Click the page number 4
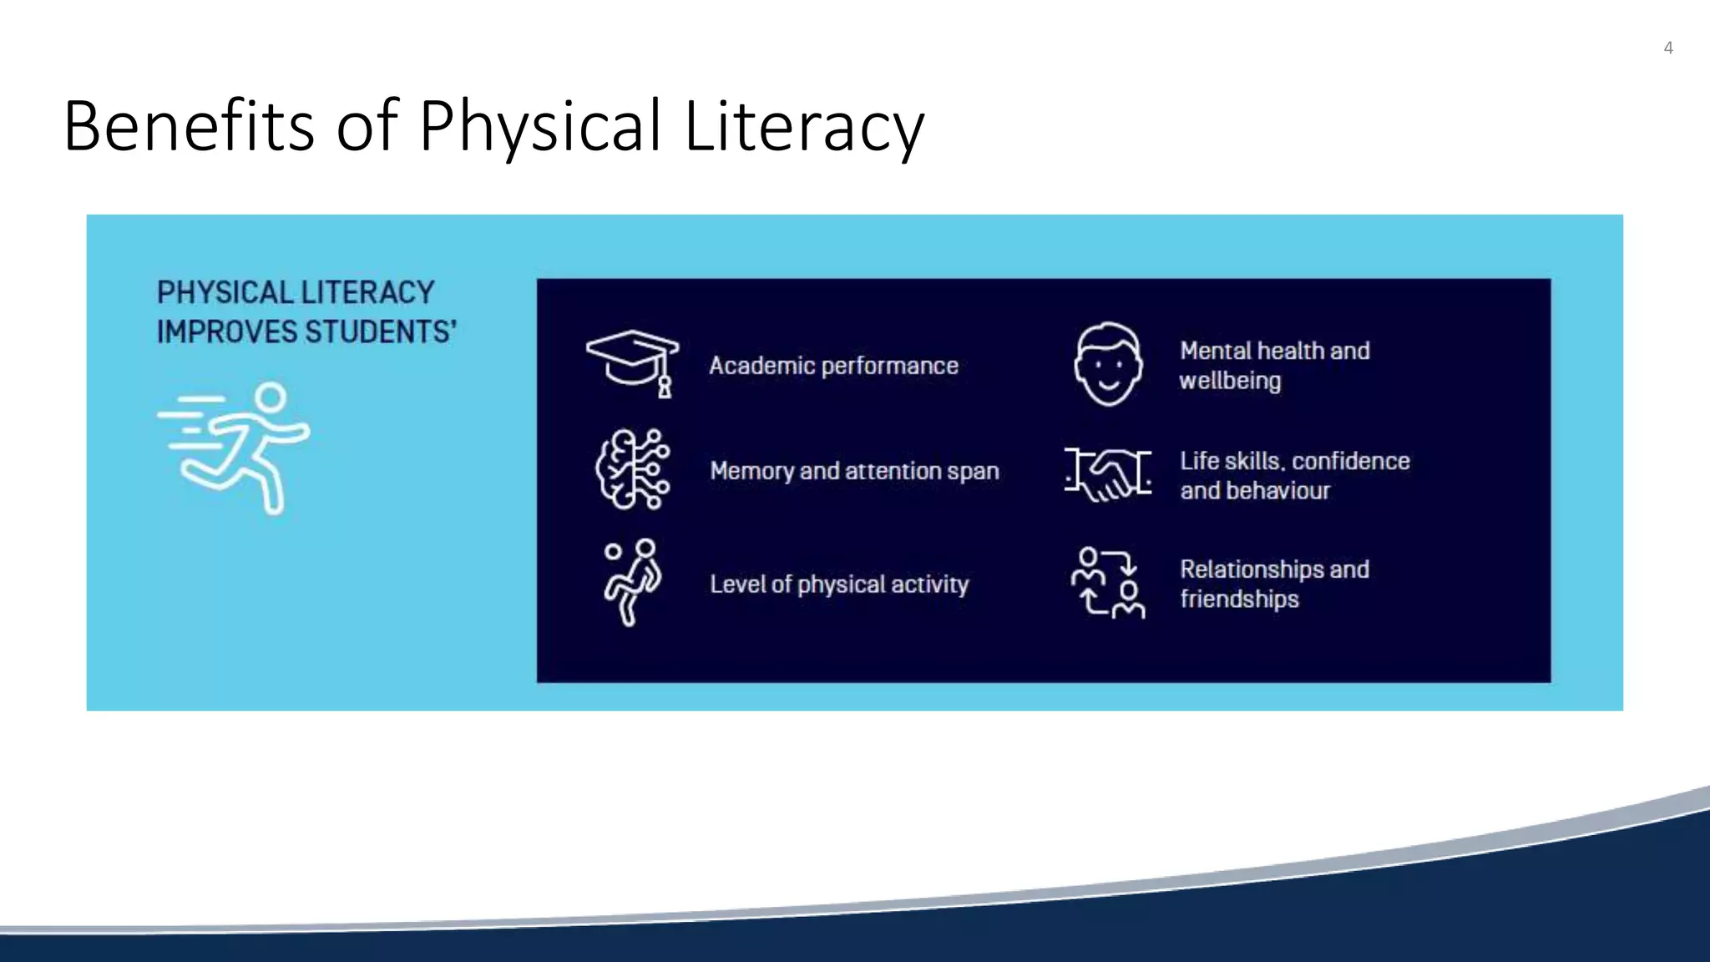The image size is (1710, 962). [x=1667, y=48]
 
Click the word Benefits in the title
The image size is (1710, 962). [x=189, y=126]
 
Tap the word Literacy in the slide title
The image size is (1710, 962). [x=804, y=126]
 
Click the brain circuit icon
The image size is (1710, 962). [x=633, y=469]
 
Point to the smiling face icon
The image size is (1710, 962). [x=1107, y=364]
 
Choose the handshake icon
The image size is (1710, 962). [x=1108, y=473]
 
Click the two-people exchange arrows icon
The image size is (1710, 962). [x=1108, y=583]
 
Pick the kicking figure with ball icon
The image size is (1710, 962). [x=632, y=582]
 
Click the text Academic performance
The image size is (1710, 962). [x=833, y=366]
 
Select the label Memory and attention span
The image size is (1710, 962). [x=854, y=471]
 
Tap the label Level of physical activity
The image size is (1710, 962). [x=839, y=584]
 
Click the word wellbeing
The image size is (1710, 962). [x=1230, y=381]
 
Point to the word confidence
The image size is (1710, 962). [x=1350, y=461]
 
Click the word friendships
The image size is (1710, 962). [x=1239, y=599]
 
